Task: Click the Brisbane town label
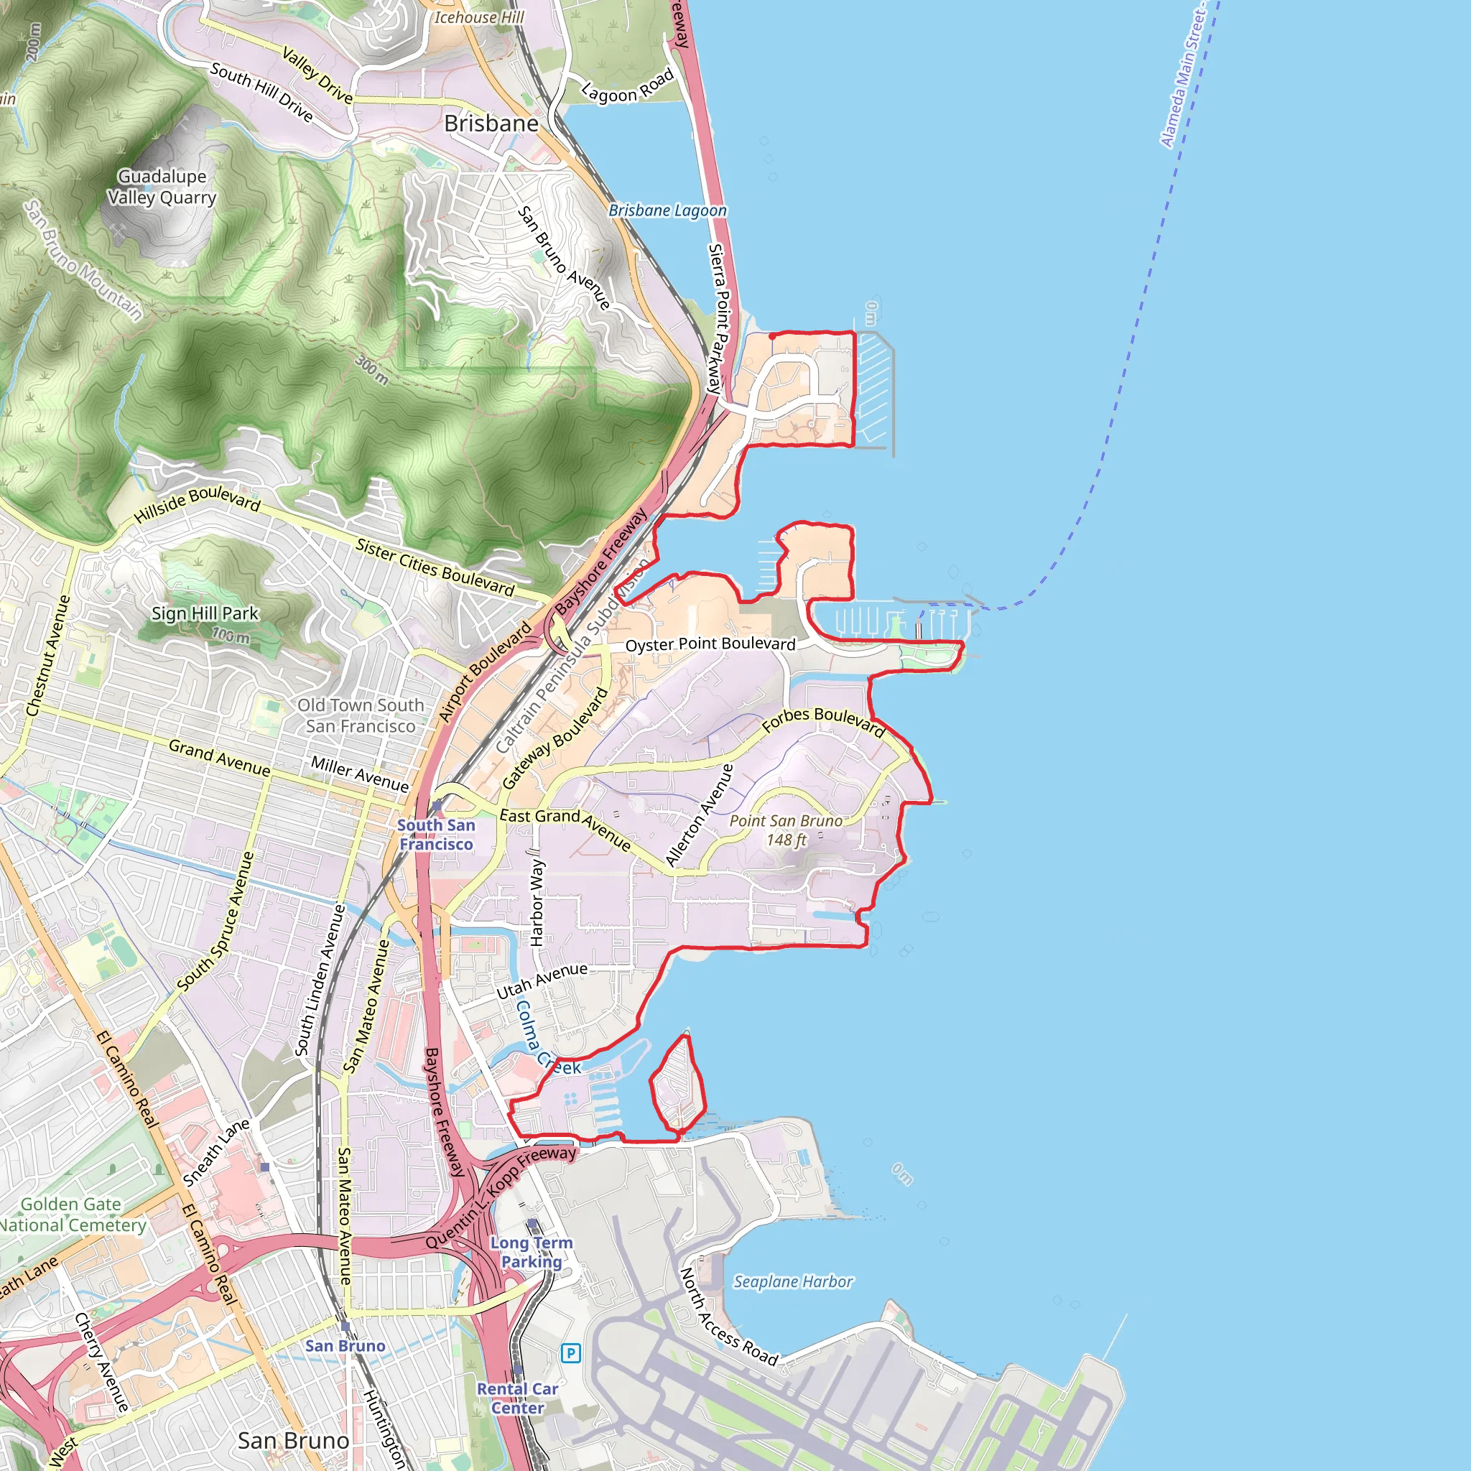point(491,124)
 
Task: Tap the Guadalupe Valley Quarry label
point(162,187)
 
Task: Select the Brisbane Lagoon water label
point(667,210)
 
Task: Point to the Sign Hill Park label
point(205,613)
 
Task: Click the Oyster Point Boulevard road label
point(710,644)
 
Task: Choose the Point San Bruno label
point(786,830)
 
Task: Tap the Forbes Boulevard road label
point(823,720)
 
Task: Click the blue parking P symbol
point(570,1353)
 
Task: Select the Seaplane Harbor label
point(793,1282)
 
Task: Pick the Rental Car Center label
point(518,1398)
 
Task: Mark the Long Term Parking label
point(532,1252)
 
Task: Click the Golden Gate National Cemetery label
point(73,1215)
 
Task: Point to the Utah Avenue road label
point(542,981)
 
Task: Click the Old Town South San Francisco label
point(360,715)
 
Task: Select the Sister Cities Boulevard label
point(435,567)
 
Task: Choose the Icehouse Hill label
point(479,17)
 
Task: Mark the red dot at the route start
point(773,335)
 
